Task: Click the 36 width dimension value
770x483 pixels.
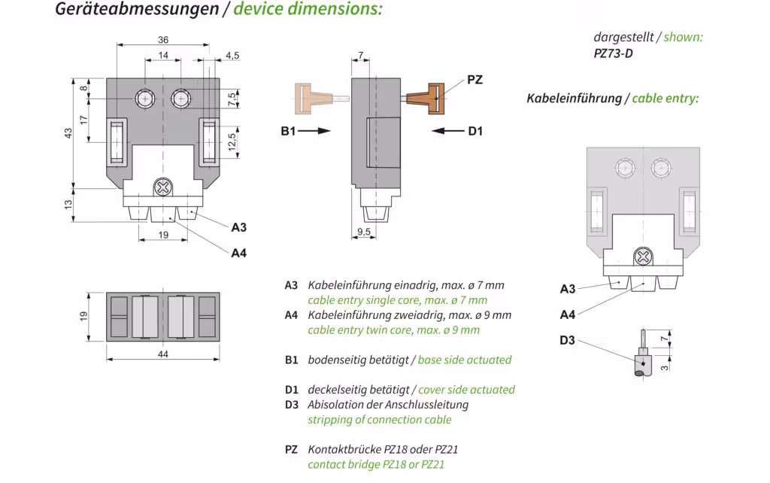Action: tap(163, 40)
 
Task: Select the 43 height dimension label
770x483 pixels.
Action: tap(68, 132)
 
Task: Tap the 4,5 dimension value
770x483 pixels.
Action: tap(232, 55)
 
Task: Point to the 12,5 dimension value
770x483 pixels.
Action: tap(232, 141)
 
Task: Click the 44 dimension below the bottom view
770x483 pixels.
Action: tap(163, 354)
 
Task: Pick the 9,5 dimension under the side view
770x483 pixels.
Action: tap(363, 232)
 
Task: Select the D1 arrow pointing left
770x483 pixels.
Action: tap(449, 131)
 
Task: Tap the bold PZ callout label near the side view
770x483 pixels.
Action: tap(474, 80)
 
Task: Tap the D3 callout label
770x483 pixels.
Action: tap(567, 341)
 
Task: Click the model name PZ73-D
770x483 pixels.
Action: tap(613, 53)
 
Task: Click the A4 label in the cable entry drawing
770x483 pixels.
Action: tap(568, 314)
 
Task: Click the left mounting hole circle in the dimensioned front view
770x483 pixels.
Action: tap(145, 98)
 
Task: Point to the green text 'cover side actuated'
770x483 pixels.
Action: tap(466, 390)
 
